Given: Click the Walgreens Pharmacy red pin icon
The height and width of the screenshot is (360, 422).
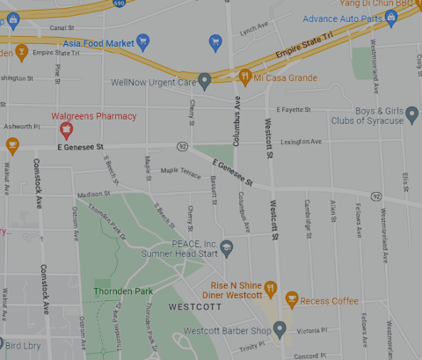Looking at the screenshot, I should click(65, 131).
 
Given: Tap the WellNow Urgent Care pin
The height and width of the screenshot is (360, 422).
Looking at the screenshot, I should click(205, 82).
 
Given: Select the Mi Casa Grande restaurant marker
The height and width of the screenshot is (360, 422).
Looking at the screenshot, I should click(245, 77).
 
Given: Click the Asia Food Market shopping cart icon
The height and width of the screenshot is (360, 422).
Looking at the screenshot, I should click(143, 41).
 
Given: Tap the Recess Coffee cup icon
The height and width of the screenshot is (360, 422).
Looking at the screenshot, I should click(293, 300).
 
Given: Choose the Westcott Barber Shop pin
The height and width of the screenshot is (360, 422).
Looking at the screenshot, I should click(280, 330).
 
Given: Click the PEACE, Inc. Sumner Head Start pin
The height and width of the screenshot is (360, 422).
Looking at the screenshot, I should click(226, 248).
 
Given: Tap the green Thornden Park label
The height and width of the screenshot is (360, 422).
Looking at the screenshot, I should click(123, 290).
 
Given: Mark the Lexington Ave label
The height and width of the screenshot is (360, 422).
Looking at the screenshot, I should click(301, 142).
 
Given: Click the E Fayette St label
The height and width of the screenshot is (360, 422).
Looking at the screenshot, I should click(295, 109).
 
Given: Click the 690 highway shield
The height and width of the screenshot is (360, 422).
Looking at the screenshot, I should click(119, 4).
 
